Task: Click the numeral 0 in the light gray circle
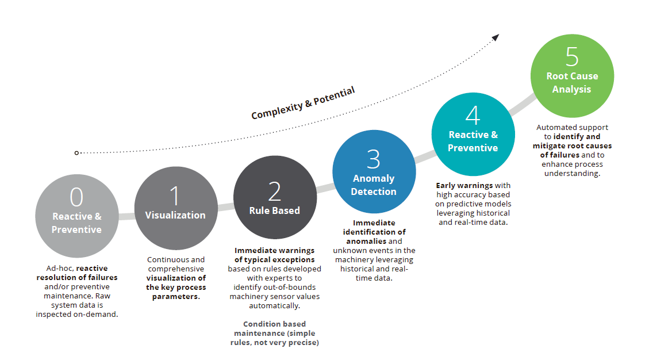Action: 76,197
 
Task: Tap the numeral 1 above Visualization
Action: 175,196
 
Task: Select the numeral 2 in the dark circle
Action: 274,192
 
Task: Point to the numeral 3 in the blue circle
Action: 373,159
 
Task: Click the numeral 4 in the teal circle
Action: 473,115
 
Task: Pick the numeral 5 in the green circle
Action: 572,57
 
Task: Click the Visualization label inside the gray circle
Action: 175,216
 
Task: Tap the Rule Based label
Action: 274,210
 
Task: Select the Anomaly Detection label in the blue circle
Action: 374,185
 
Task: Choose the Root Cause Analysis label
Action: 572,82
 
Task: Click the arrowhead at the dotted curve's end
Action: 496,38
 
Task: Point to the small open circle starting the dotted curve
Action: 76,153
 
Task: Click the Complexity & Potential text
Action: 303,103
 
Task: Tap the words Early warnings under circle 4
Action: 464,186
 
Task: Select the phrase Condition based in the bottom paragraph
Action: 274,324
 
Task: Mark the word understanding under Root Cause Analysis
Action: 571,174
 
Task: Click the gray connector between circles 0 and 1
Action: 126,216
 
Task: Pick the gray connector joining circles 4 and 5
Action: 523,105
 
